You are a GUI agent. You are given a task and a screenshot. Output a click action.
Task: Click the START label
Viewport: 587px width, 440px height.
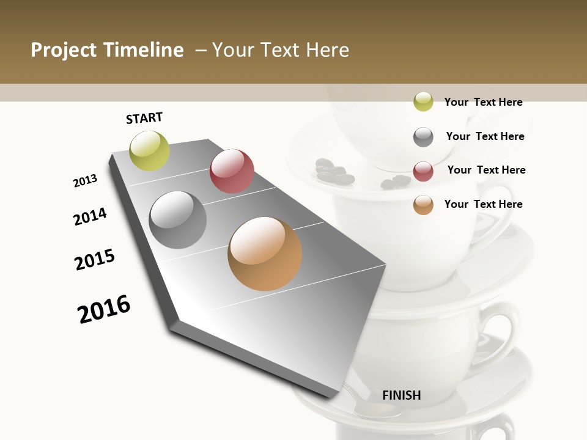[x=144, y=118]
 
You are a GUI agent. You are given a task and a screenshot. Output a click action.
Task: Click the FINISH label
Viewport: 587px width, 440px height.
[x=402, y=395]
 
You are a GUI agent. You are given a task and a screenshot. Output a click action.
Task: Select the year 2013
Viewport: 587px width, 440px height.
[x=86, y=181]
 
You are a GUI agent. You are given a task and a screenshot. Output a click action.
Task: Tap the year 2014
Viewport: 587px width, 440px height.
[x=90, y=217]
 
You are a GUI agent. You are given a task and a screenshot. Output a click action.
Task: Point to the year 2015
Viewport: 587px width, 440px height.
[x=95, y=260]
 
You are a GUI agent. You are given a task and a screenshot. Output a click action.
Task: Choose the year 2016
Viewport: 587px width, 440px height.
[x=105, y=309]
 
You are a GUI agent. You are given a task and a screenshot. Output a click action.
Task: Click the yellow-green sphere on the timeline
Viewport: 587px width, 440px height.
[x=149, y=151]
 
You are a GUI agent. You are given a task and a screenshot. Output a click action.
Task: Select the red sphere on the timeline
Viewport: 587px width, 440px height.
[x=232, y=171]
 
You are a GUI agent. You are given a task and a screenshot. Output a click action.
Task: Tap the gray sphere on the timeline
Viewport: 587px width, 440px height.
[x=178, y=220]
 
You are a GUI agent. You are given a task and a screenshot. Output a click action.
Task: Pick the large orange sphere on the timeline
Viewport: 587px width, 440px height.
[x=265, y=254]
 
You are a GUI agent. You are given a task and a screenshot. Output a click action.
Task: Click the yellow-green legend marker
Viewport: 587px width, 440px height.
[x=423, y=102]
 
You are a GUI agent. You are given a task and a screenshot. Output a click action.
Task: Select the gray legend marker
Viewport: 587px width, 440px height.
[x=423, y=137]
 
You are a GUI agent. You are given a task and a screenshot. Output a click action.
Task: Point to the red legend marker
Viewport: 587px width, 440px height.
[x=423, y=171]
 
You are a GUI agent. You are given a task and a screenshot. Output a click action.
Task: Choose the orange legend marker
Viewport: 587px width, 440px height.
[x=423, y=205]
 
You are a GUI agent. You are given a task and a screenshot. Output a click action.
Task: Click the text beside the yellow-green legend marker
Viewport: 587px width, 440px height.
[x=483, y=102]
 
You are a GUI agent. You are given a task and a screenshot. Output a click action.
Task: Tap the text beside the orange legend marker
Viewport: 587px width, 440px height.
[x=483, y=204]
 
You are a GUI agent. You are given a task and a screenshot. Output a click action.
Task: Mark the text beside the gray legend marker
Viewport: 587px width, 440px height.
[x=485, y=136]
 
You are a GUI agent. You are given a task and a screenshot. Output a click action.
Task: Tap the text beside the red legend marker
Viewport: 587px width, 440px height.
[x=486, y=170]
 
